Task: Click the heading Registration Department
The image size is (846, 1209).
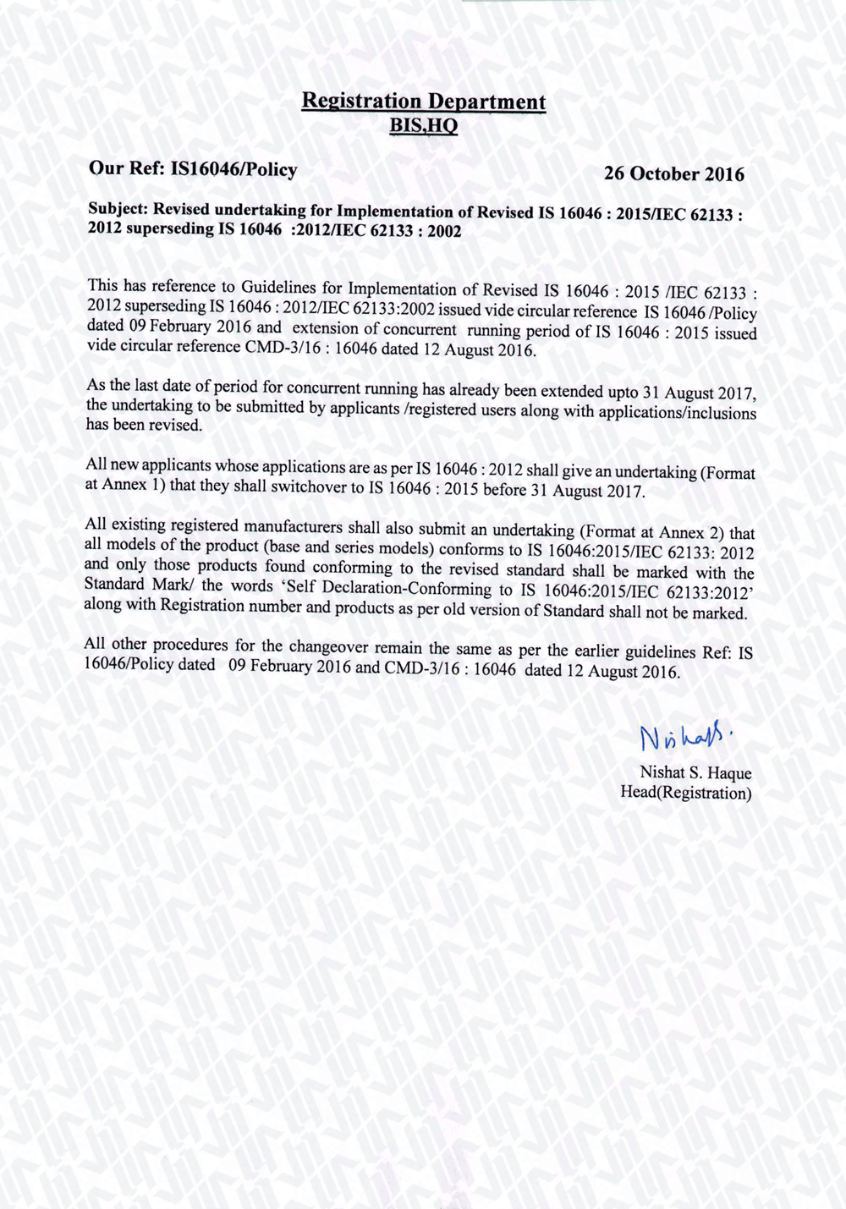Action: pos(424,102)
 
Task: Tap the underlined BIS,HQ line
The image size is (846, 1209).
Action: pos(423,126)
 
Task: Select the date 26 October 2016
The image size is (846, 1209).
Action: pos(674,174)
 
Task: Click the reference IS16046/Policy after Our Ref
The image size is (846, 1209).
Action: pos(234,169)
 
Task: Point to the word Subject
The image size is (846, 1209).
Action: pos(118,208)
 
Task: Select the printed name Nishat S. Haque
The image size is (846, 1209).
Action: pos(695,772)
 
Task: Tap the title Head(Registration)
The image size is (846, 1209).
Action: pos(686,793)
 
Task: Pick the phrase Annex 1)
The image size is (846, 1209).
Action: pos(124,485)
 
